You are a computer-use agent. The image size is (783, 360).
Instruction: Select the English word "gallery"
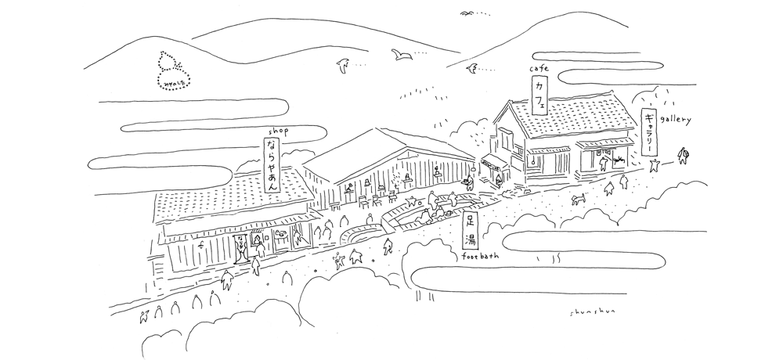[x=677, y=119]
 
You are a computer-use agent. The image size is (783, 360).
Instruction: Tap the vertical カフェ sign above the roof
[x=540, y=97]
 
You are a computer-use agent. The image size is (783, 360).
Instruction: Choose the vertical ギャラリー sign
[x=649, y=133]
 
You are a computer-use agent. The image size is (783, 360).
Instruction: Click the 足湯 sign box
[x=471, y=230]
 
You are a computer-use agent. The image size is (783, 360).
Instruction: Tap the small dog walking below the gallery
[x=579, y=198]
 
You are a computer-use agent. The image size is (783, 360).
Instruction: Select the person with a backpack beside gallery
[x=684, y=157]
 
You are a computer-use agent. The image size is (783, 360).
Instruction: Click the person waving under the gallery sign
[x=655, y=164]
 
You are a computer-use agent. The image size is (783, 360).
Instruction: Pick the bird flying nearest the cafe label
[x=471, y=70]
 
